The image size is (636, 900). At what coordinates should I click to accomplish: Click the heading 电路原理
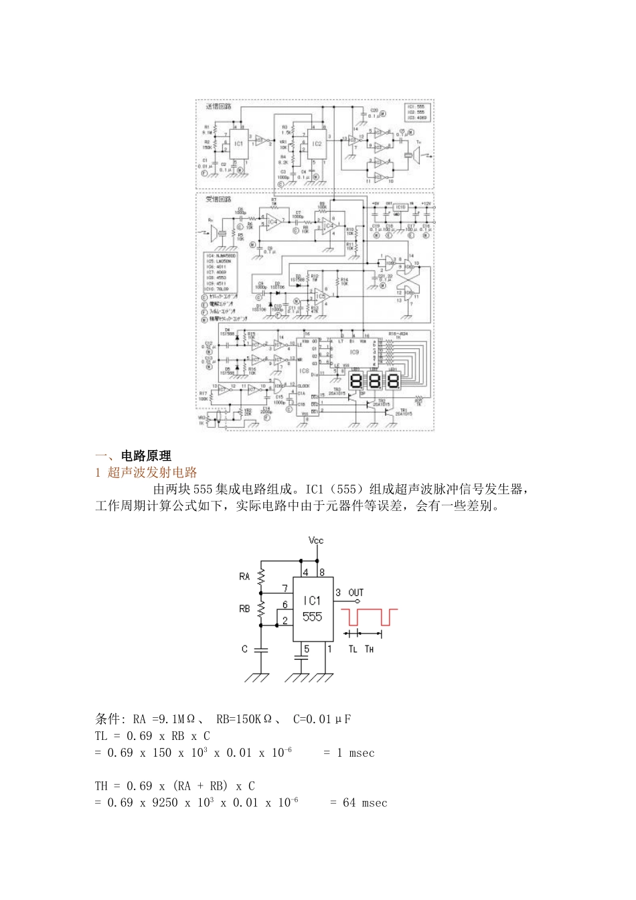point(146,456)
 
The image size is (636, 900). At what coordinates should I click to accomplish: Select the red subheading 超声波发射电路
point(152,473)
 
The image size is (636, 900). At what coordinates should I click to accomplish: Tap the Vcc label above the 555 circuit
point(316,540)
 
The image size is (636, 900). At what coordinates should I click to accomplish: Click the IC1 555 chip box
point(313,609)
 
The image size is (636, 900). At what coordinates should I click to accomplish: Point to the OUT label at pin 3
point(356,593)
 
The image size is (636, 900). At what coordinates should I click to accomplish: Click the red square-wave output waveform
point(369,617)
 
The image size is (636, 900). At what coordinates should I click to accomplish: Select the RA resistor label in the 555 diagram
point(244,576)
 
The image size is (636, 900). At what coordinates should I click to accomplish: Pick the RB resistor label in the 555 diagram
point(244,609)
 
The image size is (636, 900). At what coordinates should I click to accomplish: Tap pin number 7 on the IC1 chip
point(285,589)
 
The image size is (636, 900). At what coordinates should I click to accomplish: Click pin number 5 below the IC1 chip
point(307,649)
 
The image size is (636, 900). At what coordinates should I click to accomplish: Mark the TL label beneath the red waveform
point(353,649)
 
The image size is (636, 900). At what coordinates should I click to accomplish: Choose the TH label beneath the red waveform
point(369,649)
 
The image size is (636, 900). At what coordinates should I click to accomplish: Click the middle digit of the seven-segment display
point(374,381)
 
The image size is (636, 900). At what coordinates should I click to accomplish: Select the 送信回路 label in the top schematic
point(218,106)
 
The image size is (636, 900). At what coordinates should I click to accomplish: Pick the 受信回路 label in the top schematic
point(218,199)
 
